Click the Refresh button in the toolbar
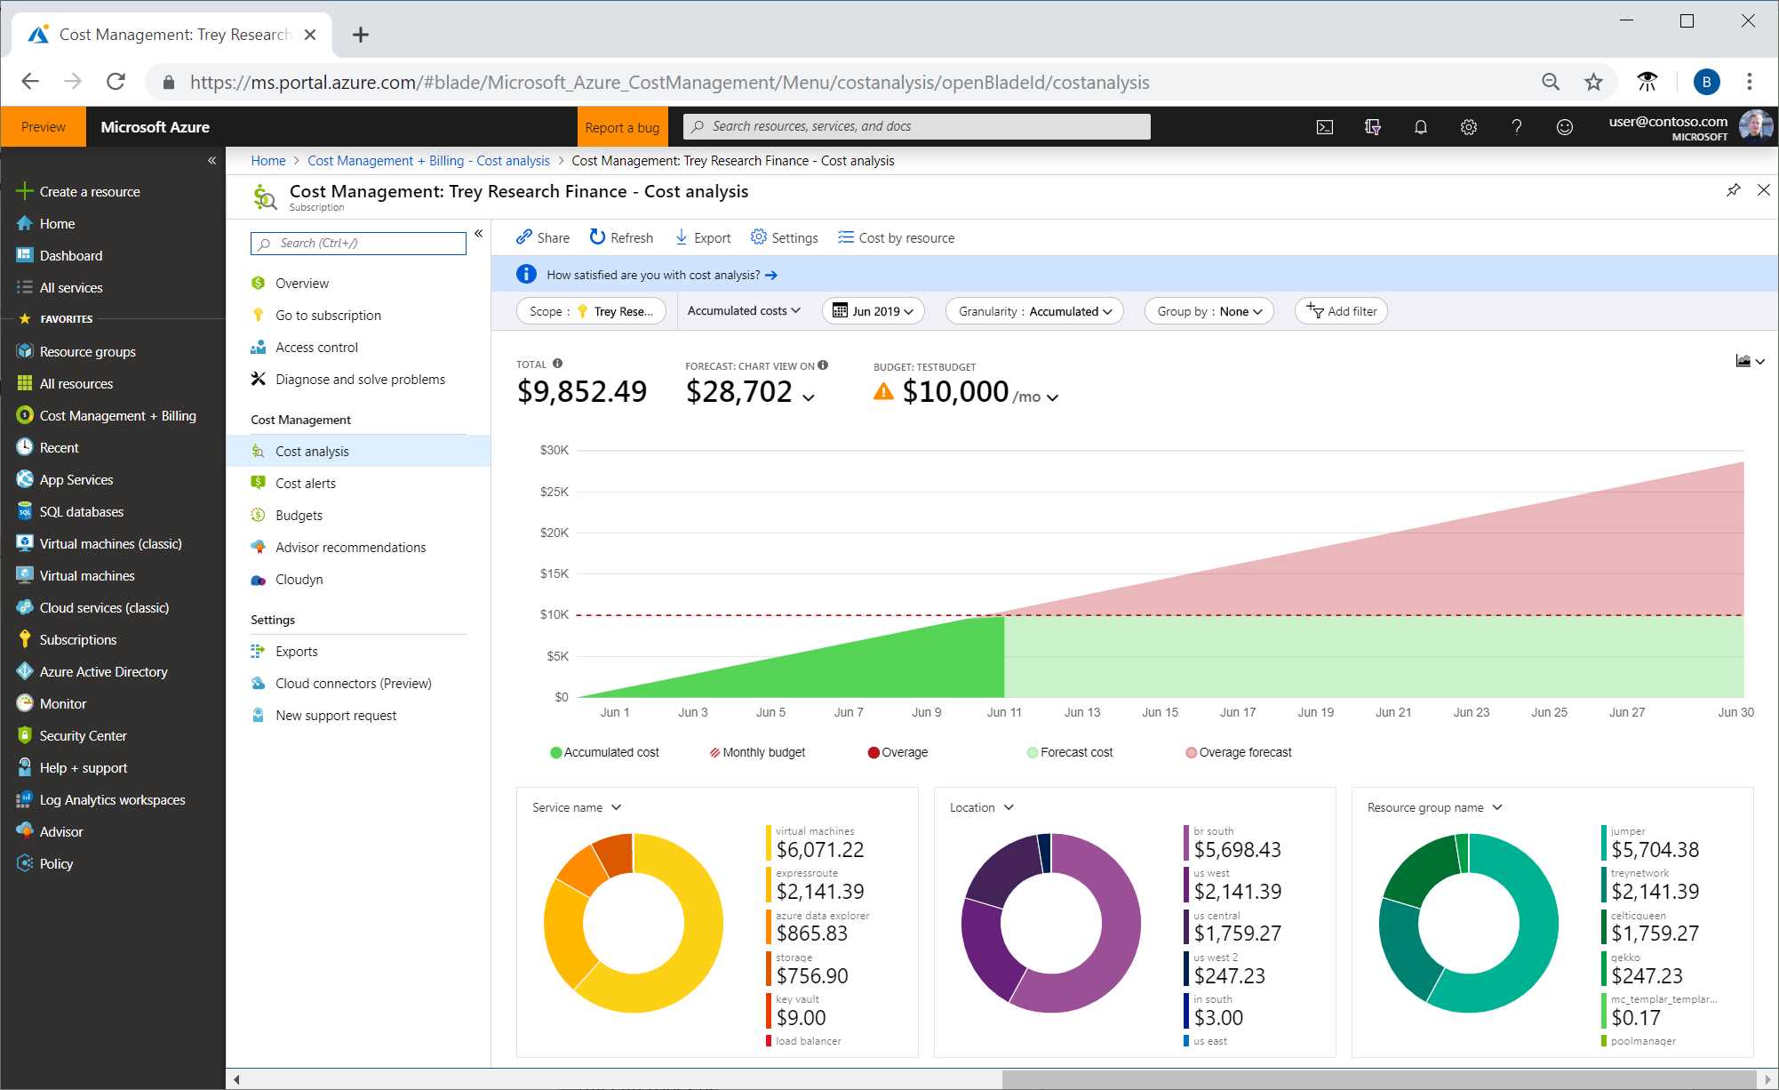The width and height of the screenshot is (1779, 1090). (621, 237)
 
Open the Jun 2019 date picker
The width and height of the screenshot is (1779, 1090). (874, 311)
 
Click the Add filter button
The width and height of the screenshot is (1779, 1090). (1342, 311)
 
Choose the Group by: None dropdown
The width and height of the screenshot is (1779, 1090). (1209, 311)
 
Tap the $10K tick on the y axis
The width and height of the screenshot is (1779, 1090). (554, 614)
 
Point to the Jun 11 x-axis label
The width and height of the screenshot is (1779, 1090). (1004, 712)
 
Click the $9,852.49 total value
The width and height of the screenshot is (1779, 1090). (582, 391)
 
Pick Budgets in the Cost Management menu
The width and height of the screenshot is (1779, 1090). (299, 516)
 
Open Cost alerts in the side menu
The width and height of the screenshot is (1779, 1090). (305, 484)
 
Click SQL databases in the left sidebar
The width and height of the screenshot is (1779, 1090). (81, 512)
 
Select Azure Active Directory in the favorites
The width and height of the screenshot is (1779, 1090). (103, 672)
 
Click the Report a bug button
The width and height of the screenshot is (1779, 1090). (622, 127)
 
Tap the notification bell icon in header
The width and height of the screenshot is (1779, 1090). (1421, 127)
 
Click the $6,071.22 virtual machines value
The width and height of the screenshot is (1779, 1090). (819, 850)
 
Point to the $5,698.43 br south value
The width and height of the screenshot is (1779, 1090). (1237, 850)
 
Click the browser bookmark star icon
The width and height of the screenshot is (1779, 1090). (1593, 82)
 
